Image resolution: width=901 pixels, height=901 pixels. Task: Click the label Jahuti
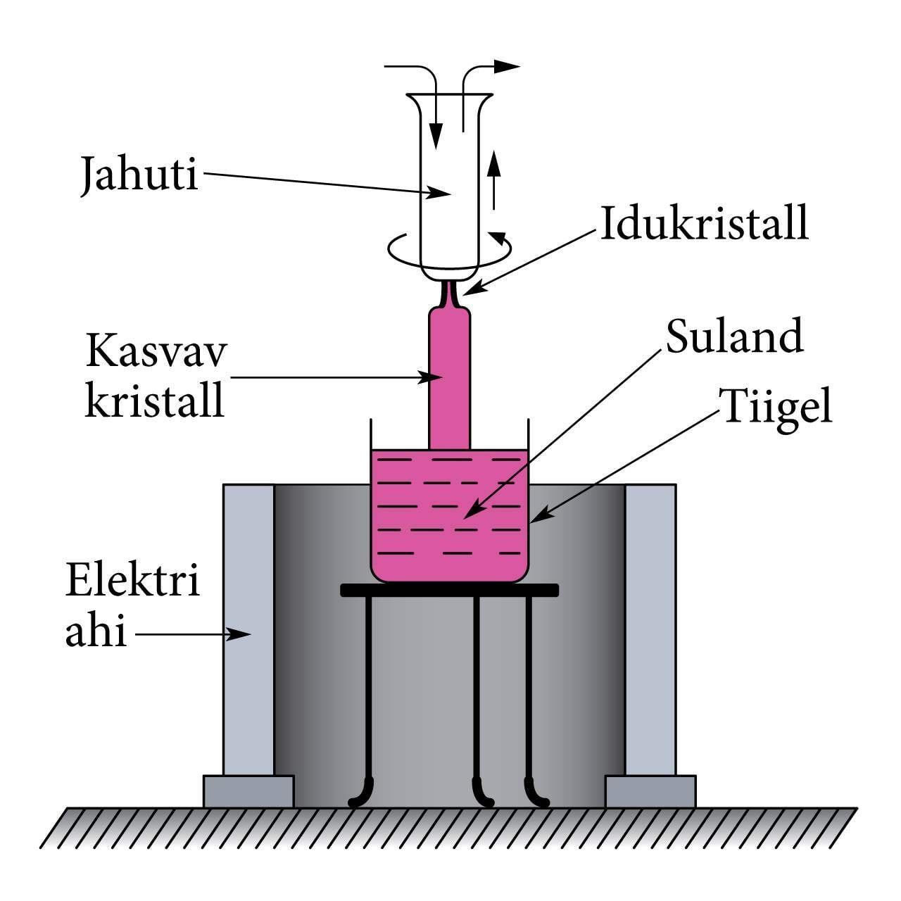pos(139,174)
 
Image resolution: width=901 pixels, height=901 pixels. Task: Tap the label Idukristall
pos(703,223)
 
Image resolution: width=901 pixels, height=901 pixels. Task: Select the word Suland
pos(733,336)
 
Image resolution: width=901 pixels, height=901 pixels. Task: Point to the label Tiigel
pos(774,406)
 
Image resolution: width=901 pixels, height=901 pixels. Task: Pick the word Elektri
pos(132,581)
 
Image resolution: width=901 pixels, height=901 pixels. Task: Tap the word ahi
pos(96,631)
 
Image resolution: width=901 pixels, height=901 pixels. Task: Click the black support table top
pos(449,590)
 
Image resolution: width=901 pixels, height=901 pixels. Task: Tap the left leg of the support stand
pos(368,697)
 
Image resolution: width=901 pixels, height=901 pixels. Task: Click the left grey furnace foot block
pos(248,791)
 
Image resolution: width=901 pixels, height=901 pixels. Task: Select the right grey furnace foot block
pos(650,791)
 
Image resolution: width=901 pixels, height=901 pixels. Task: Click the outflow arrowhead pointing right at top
pos(506,67)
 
